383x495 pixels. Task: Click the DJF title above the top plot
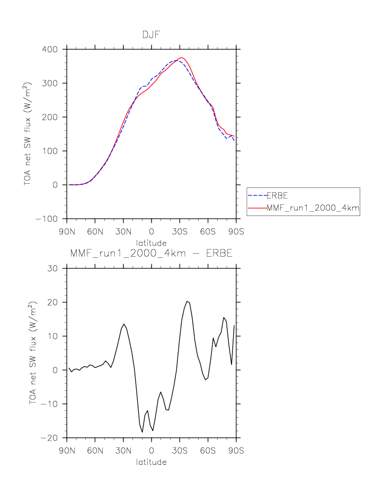(152, 34)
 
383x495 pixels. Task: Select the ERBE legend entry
(277, 195)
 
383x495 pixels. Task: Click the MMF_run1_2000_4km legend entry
(313, 209)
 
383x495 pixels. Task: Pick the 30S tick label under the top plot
(180, 231)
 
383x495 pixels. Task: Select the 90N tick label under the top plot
(67, 231)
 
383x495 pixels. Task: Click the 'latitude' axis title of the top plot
(152, 241)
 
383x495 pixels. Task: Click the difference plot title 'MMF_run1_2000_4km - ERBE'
(152, 254)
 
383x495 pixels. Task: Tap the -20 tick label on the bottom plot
(52, 438)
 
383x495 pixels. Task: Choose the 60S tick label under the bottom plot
(208, 451)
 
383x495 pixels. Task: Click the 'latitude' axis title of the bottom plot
(152, 462)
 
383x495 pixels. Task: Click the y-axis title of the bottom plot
(33, 353)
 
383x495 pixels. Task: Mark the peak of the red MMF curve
(181, 57)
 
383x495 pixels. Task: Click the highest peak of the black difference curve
(187, 301)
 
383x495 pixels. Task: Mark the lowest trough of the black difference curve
(142, 432)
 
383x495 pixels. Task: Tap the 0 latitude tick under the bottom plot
(152, 451)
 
